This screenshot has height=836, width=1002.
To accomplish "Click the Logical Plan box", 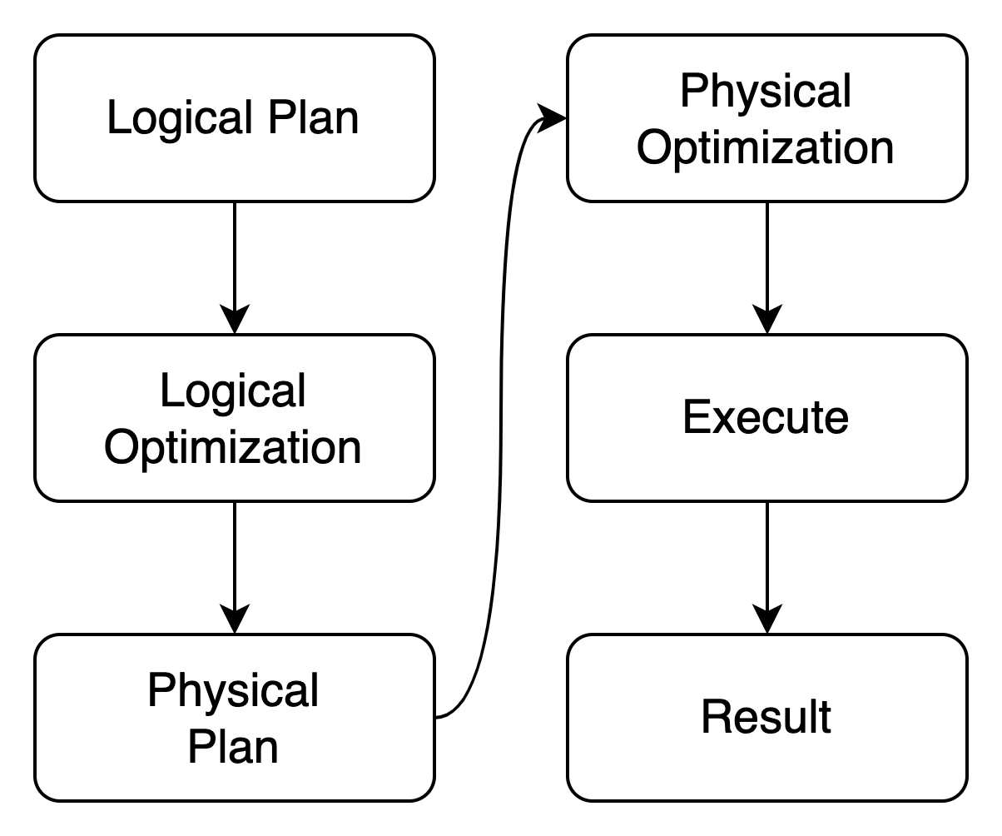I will click(x=234, y=118).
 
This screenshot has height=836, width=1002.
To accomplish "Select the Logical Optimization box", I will click(x=234, y=418).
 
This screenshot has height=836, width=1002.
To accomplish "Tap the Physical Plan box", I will click(x=234, y=718).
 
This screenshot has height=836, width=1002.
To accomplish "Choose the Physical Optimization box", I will click(x=766, y=118).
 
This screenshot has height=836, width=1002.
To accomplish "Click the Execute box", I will click(x=766, y=418).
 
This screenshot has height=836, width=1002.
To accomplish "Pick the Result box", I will click(x=766, y=718).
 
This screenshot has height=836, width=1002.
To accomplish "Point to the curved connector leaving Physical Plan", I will click(x=502, y=400).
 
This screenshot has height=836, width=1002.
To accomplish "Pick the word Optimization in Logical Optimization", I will click(x=234, y=447).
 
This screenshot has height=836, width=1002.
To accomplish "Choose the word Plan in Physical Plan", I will click(x=233, y=747).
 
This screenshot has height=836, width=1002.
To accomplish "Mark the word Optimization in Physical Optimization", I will click(x=766, y=147).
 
